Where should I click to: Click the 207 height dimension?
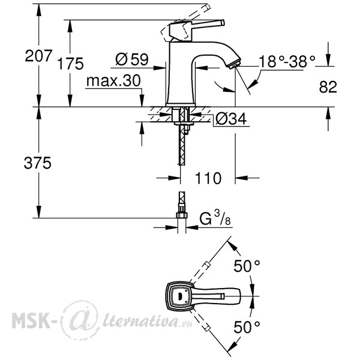[x=38, y=56]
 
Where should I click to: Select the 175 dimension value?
[x=70, y=64]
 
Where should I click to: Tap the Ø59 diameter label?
[x=132, y=59]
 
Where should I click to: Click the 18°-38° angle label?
[x=287, y=62]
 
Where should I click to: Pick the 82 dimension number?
[x=328, y=87]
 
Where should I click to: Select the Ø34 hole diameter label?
[x=231, y=119]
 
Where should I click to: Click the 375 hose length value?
[x=37, y=163]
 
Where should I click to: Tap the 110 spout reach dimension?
[x=208, y=178]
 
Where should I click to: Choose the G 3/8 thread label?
[x=215, y=218]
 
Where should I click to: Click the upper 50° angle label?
[x=247, y=266]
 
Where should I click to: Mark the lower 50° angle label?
[x=247, y=327]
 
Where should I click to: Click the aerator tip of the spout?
[x=234, y=64]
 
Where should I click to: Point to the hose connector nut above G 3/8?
[x=182, y=215]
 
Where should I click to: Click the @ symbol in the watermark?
[x=80, y=320]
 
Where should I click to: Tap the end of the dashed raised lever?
[x=208, y=7]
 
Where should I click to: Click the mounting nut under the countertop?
[x=184, y=124]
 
